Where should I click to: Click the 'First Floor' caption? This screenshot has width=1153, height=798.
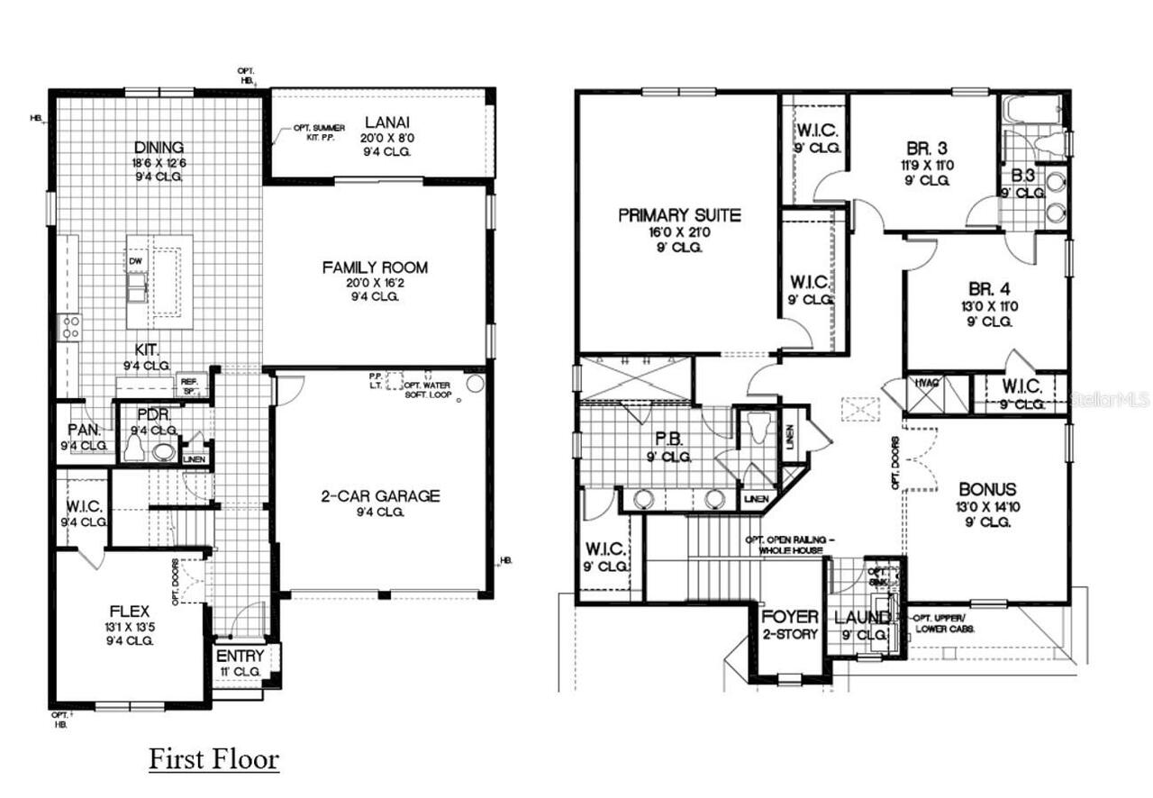point(213,758)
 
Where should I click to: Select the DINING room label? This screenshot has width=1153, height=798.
point(159,148)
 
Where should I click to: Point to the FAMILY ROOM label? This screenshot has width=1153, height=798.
point(375,268)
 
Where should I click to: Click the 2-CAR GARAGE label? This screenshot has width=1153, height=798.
point(381,495)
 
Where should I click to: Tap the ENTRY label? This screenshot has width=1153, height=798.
point(241,656)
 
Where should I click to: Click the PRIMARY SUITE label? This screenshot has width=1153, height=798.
point(679,215)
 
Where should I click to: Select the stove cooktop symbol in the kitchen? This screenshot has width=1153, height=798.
point(69,327)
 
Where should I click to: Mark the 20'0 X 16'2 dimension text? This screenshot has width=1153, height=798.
point(375,282)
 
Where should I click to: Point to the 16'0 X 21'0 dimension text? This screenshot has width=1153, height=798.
point(679,231)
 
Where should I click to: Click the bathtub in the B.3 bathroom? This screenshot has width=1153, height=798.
point(1031,112)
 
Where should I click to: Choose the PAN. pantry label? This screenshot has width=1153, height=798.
point(84,431)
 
